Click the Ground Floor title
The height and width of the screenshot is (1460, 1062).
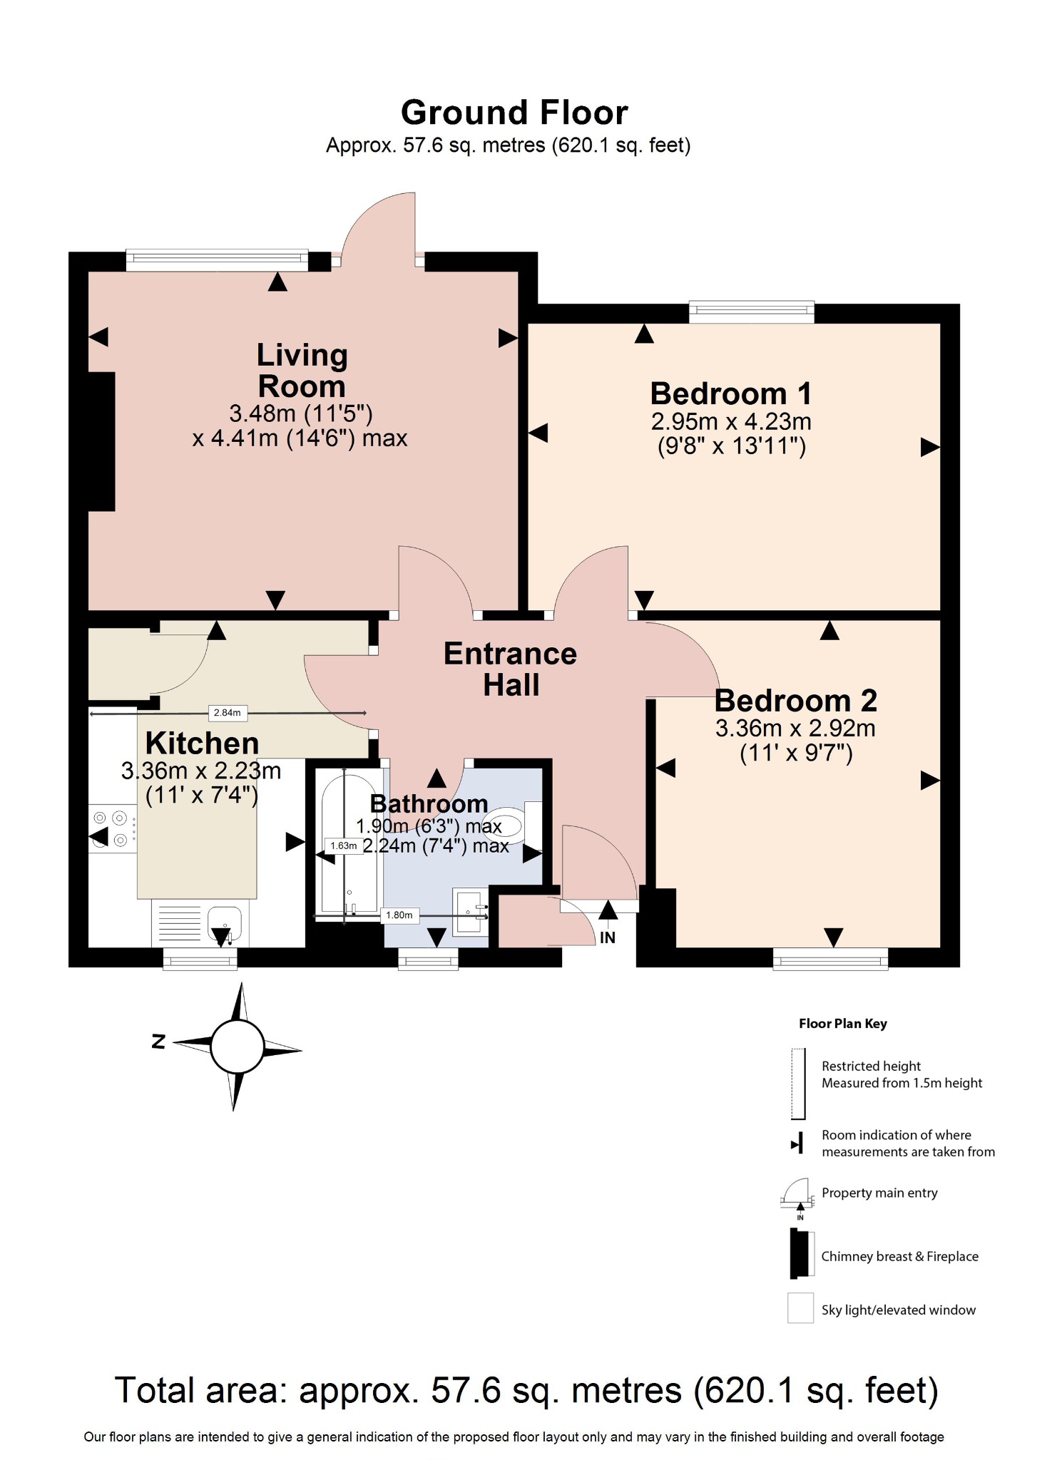click(x=514, y=113)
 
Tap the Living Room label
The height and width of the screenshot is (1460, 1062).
click(x=302, y=371)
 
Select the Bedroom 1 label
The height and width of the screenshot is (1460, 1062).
click(x=730, y=394)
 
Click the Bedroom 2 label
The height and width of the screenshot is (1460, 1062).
click(x=795, y=701)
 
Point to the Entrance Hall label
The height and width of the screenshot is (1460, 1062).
click(x=510, y=669)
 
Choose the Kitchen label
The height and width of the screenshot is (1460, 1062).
click(x=202, y=744)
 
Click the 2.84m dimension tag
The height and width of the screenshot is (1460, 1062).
click(x=228, y=712)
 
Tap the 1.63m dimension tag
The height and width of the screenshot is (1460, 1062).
click(x=343, y=845)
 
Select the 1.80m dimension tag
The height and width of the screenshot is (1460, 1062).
click(x=399, y=915)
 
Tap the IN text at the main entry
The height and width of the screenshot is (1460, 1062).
click(x=607, y=937)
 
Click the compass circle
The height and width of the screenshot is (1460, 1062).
click(x=237, y=1046)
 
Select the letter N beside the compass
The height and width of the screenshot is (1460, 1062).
click(x=159, y=1042)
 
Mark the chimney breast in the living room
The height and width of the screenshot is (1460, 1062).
click(x=101, y=441)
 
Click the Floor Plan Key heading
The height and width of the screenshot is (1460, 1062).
click(x=842, y=1024)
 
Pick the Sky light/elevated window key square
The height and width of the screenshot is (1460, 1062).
click(x=800, y=1307)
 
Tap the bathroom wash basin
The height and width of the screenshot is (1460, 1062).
click(x=470, y=909)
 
